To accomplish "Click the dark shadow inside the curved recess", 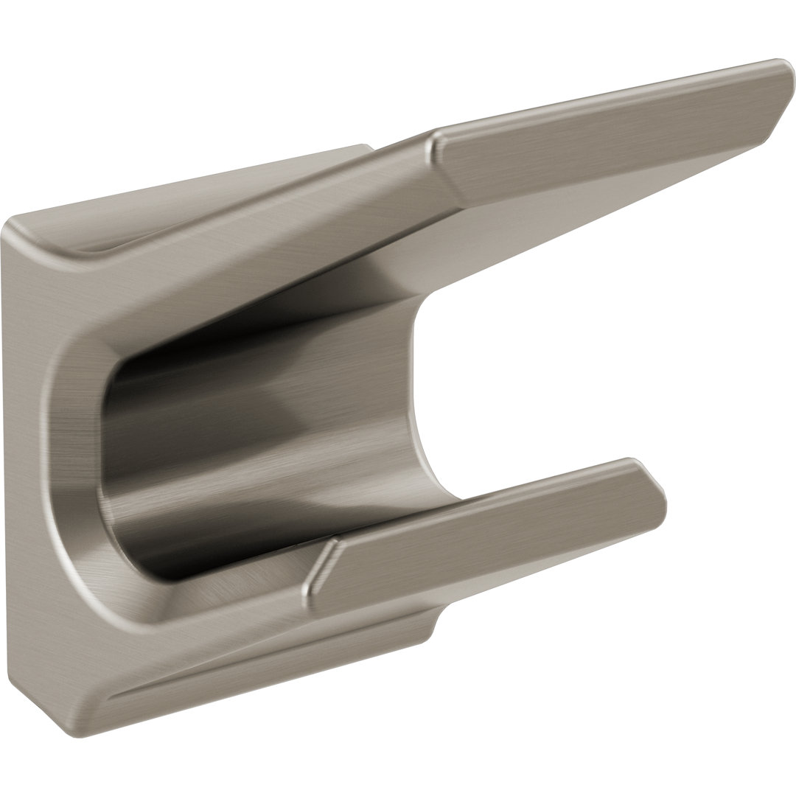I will pyautogui.click(x=221, y=413).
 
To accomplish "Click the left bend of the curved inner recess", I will pyautogui.click(x=111, y=427).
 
